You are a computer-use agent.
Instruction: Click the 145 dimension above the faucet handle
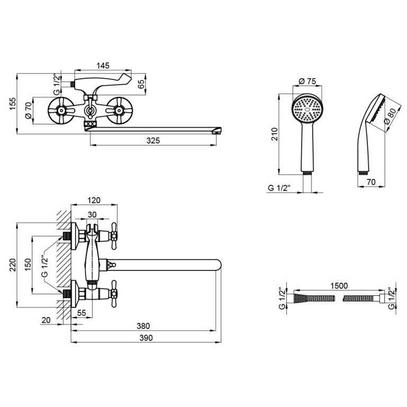103,66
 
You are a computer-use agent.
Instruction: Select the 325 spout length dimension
153,141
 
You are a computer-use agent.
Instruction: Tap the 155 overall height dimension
13,104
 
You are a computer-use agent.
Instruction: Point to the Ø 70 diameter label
29,110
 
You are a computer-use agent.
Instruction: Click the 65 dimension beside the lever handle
141,84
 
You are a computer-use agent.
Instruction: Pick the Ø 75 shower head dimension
307,82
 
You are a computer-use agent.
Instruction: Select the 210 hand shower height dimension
274,134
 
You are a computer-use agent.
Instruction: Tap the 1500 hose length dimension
339,286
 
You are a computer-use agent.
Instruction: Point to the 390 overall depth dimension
146,338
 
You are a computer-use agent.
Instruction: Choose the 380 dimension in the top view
143,325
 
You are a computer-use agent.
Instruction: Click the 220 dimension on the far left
13,265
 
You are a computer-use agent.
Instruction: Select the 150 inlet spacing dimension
28,265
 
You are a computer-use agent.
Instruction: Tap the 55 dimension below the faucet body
82,313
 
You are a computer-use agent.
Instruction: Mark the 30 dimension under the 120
92,215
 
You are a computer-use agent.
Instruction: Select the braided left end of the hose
301,298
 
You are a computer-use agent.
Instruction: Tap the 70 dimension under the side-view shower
372,182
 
